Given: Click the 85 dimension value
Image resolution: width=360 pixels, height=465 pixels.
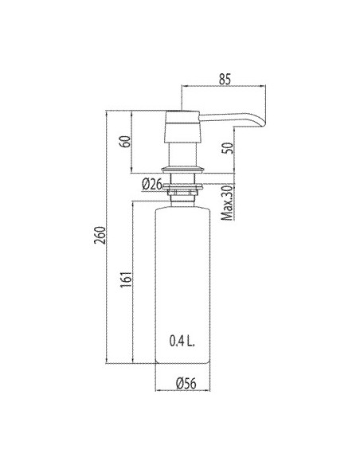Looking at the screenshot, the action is pos(225,79).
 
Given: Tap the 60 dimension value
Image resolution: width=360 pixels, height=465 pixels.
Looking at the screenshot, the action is pos(125,142).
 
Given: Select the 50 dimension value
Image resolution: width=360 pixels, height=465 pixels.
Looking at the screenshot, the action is pos(228,148).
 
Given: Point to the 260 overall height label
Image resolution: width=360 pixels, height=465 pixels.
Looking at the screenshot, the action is pos(100,235).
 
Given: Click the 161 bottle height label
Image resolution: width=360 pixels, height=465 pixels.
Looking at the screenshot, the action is pos(126,279).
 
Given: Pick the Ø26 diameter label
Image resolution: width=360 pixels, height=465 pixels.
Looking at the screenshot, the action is pos(152,185).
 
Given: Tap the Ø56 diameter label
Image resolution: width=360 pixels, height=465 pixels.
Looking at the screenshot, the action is pos(186,384).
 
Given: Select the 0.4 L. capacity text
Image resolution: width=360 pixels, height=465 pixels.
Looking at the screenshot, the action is pos(182,342).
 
